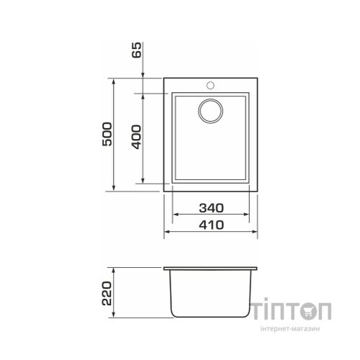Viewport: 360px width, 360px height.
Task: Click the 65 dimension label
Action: coord(137,50)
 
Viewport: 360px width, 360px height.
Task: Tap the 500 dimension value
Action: coord(107,134)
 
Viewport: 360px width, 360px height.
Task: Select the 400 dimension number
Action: coord(137,137)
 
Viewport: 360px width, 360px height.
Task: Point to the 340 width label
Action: coord(211,208)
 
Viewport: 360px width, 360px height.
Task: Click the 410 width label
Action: coord(211,225)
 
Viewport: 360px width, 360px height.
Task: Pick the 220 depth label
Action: coord(107,293)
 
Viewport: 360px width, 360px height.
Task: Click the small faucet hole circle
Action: coord(210,85)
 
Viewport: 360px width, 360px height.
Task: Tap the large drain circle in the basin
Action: coord(210,111)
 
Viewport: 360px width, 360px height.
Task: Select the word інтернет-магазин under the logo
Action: coord(290,328)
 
